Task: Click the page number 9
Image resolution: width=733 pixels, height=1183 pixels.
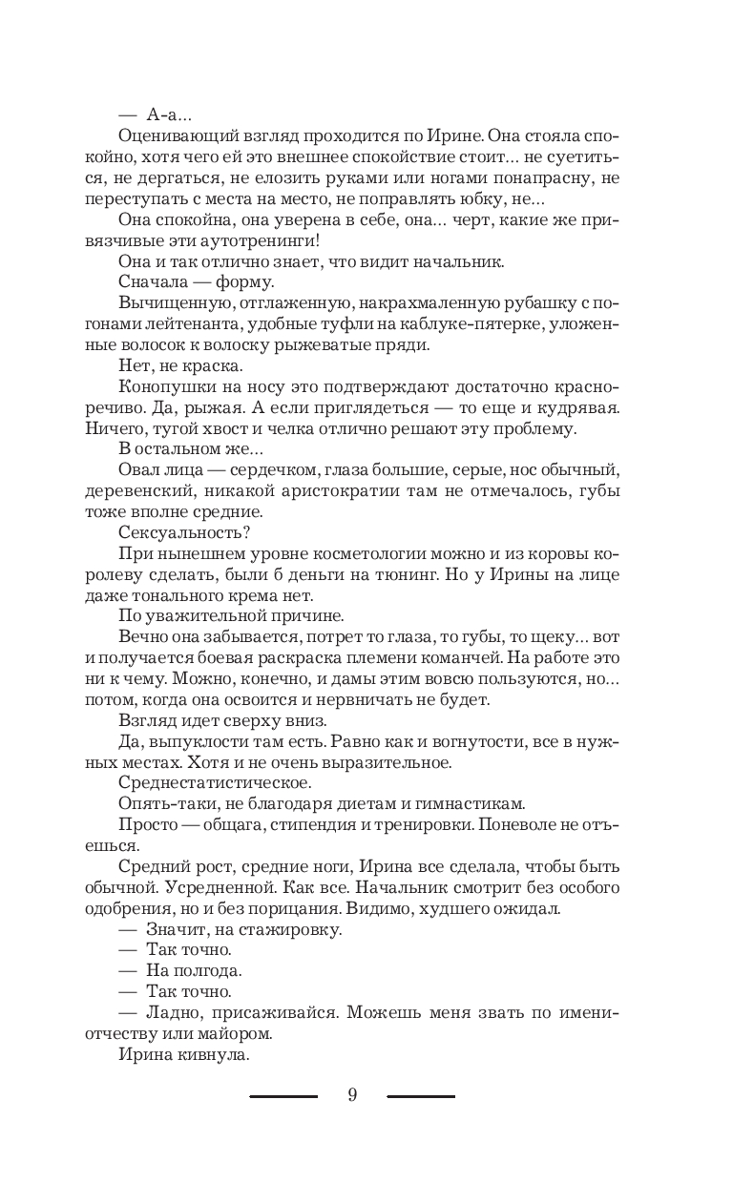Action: [x=352, y=1095]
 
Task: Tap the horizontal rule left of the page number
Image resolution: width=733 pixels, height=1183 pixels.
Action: [x=283, y=1096]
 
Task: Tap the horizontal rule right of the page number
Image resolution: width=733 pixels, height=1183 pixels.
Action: [x=421, y=1096]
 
